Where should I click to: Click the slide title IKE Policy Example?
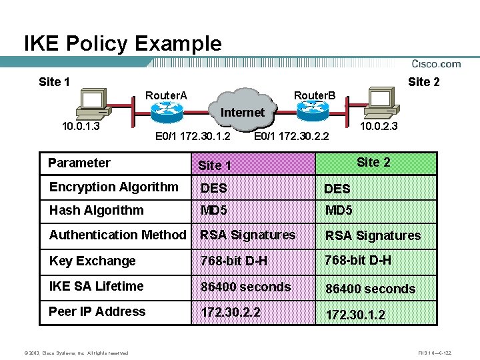[123, 44]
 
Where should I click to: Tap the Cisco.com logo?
[436, 64]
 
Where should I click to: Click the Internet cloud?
[242, 112]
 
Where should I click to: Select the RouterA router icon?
[167, 112]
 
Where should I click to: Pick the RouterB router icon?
[313, 111]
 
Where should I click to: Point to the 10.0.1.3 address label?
[81, 126]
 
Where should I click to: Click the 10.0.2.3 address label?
[379, 125]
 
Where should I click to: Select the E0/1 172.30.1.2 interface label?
[193, 137]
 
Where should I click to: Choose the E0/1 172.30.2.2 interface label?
[291, 137]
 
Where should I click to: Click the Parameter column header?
[79, 163]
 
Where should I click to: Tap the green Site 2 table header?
[374, 163]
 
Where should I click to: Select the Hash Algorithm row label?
[96, 210]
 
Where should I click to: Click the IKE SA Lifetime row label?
[96, 286]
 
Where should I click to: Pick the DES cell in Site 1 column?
[214, 189]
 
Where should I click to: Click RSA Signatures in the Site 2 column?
[373, 235]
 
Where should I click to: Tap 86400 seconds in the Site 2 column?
[370, 289]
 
